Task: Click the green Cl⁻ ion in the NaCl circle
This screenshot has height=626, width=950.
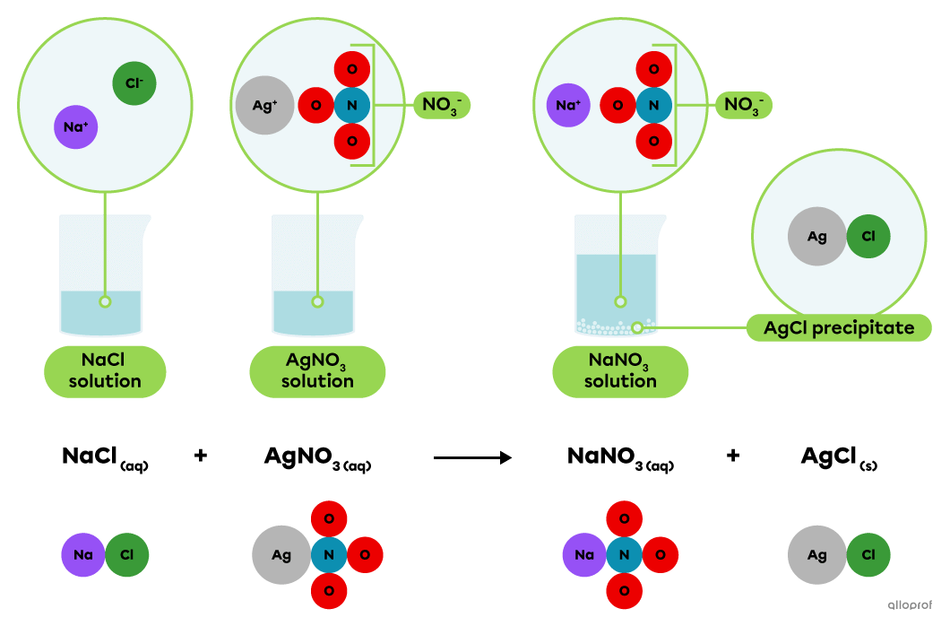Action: tap(134, 83)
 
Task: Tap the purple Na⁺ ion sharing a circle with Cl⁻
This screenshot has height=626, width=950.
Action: tap(75, 127)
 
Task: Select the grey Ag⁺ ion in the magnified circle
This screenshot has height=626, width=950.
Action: tap(264, 105)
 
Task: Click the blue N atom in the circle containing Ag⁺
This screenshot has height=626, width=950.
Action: tap(351, 106)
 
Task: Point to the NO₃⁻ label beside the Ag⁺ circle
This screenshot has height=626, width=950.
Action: tap(441, 106)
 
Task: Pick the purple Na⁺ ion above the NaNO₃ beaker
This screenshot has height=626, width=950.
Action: tap(568, 105)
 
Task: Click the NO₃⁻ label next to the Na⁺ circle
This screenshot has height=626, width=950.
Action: tap(743, 106)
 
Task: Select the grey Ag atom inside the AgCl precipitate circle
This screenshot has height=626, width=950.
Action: tap(816, 237)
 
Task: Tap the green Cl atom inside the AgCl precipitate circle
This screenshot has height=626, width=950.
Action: tap(868, 237)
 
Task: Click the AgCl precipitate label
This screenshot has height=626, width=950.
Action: tap(839, 328)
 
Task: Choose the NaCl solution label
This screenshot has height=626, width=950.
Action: tap(106, 371)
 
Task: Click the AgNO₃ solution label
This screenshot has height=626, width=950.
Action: tap(317, 371)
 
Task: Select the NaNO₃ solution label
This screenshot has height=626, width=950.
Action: tap(620, 371)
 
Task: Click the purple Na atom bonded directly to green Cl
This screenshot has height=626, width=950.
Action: tap(83, 555)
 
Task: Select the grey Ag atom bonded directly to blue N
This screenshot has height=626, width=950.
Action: tap(281, 555)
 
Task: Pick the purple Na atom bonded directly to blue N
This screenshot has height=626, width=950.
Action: tap(584, 555)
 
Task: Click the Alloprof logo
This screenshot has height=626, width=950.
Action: tap(910, 604)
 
